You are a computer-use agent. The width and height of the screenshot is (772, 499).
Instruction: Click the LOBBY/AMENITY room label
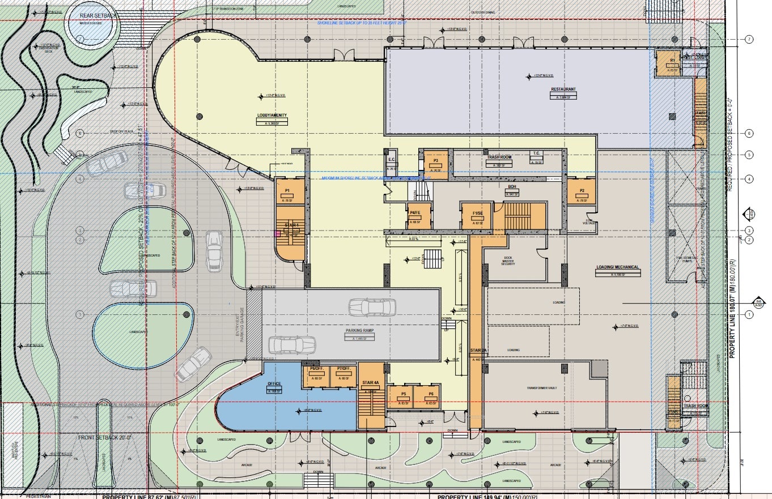click(x=272, y=116)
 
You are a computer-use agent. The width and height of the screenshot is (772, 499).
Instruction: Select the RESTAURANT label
click(x=563, y=89)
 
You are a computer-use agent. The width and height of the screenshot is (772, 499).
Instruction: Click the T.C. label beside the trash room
click(x=536, y=154)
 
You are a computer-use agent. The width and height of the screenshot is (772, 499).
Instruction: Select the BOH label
click(x=511, y=187)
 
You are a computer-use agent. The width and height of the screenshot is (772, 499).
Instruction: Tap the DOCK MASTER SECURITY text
click(x=508, y=261)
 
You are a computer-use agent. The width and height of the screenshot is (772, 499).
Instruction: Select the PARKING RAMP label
click(x=359, y=330)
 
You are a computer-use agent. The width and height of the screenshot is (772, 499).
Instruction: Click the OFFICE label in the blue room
click(x=274, y=384)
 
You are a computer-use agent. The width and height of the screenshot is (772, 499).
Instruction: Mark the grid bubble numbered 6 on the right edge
click(x=749, y=133)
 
